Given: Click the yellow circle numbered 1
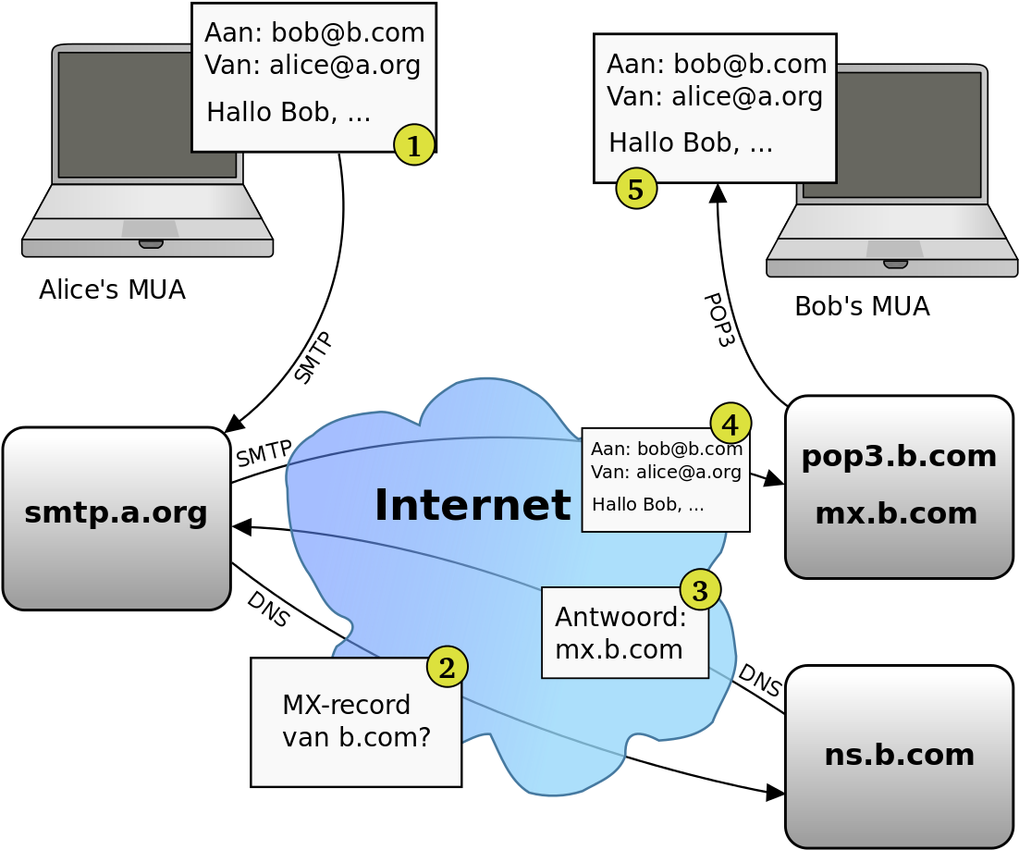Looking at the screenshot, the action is (x=414, y=144).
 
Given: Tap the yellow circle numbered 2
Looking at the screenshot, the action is (x=448, y=667).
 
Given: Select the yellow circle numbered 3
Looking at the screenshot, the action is (x=700, y=590).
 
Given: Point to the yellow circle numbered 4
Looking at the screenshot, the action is (x=730, y=424).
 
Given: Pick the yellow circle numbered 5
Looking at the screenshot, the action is (x=636, y=189).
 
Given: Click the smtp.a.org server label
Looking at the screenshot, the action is (x=116, y=512).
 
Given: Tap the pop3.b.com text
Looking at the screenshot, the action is (x=899, y=456).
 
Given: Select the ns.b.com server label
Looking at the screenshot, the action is (x=900, y=755).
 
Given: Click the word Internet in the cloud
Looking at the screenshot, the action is (x=473, y=505).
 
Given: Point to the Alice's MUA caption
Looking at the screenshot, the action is (x=113, y=289).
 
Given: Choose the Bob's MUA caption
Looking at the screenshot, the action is (x=863, y=306).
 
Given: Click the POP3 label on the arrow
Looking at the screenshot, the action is (x=718, y=320).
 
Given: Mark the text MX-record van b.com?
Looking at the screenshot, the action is (x=356, y=721).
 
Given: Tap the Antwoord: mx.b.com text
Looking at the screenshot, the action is (x=620, y=633).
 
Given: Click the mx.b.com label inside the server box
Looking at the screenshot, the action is (x=896, y=513).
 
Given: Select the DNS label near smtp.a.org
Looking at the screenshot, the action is (x=268, y=610).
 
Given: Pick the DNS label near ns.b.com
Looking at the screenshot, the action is (x=759, y=681).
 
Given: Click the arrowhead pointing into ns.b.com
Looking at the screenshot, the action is (x=775, y=793).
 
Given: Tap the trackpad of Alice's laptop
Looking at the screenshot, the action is (x=150, y=228).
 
